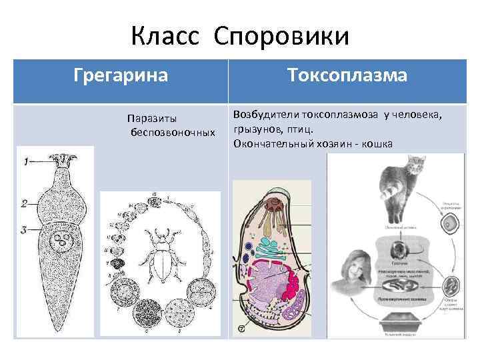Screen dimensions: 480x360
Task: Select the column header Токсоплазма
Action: point(347,75)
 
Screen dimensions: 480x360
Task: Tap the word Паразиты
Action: point(152,119)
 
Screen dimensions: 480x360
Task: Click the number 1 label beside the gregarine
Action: point(25,162)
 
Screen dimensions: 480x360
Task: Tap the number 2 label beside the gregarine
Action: point(23,203)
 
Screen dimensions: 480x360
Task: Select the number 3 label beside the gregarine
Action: point(23,229)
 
